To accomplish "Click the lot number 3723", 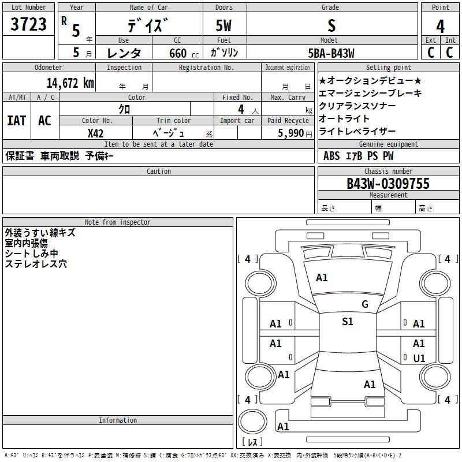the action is point(28,24).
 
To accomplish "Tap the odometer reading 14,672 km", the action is point(70,83).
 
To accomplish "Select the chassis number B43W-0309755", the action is point(388,183).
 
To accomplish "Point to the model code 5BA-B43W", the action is point(331,53).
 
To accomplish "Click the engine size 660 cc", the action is point(184,53).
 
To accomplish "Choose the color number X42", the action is point(95,133).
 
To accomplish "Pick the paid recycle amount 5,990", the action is point(291,133).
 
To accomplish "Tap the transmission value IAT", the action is point(17,121).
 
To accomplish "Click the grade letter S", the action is point(331,25).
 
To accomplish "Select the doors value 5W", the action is point(223,25).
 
